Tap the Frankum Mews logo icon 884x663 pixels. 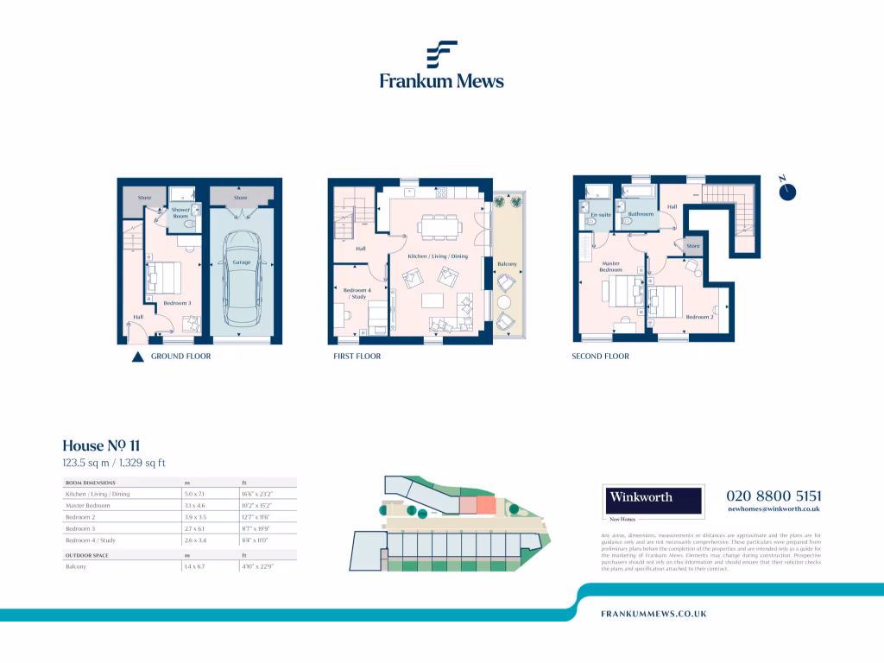(x=442, y=54)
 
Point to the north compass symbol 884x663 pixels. (x=786, y=193)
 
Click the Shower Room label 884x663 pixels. (x=180, y=212)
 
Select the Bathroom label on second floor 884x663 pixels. (x=641, y=214)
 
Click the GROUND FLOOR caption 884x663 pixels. (x=180, y=356)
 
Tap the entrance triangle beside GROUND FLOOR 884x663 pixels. (x=137, y=356)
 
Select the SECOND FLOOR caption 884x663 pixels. (x=600, y=356)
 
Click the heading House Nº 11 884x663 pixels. (x=101, y=445)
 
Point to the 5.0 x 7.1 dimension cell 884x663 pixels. (x=195, y=494)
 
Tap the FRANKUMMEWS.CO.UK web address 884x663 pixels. (x=654, y=614)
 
